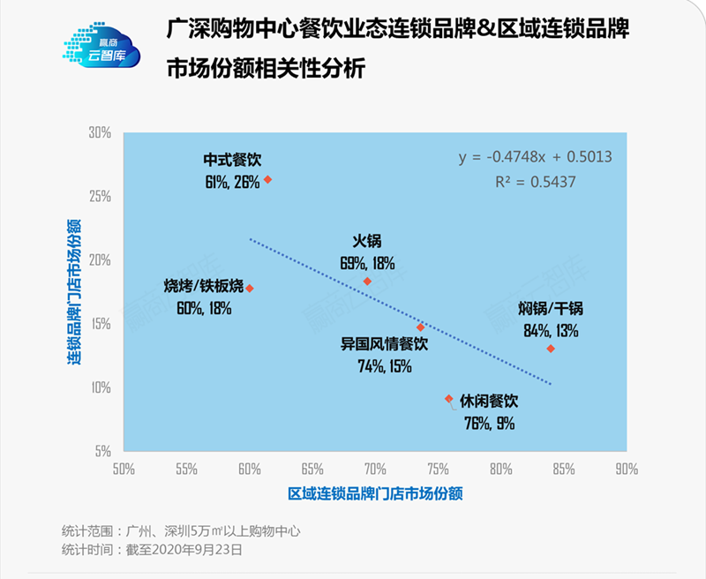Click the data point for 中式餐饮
(267, 179)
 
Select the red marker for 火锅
(367, 281)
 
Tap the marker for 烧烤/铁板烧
(250, 288)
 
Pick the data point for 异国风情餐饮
(421, 327)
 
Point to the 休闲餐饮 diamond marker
(449, 399)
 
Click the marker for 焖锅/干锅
(551, 349)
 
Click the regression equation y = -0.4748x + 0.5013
(535, 157)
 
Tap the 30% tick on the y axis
(100, 132)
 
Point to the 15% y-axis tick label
(100, 324)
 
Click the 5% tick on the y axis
(102, 451)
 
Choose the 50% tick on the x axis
(124, 469)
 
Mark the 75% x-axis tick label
(438, 469)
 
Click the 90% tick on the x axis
(627, 469)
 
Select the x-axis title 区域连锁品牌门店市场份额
(375, 493)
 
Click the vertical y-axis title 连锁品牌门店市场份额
(76, 290)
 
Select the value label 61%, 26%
(231, 182)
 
